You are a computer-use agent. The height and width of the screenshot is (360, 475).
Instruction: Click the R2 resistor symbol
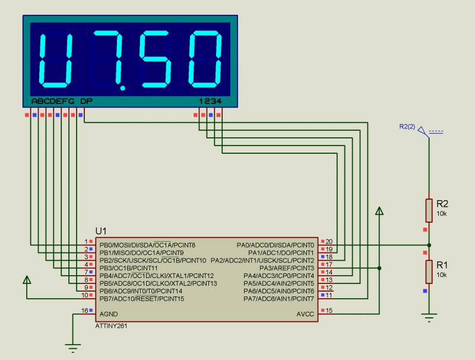tap(429, 210)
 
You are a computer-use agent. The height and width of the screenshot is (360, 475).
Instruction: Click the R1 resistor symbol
tap(429, 272)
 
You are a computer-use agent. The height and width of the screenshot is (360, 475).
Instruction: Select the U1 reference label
tap(101, 231)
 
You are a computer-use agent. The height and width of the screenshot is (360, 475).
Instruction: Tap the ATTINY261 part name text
tap(111, 326)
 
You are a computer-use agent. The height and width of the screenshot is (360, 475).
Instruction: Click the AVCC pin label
tap(305, 314)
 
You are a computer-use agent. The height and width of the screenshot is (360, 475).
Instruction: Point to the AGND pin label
tap(109, 314)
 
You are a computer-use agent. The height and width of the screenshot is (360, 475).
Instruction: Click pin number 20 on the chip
tap(329, 242)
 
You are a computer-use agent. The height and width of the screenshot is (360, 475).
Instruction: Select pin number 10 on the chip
tap(84, 295)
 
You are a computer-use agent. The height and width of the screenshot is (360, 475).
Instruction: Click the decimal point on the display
tap(123, 88)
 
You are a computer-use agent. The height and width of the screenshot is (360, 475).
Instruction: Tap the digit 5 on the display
tap(155, 59)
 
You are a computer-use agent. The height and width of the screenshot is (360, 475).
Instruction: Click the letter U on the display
tap(56, 61)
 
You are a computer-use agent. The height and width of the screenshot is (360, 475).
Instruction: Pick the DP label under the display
tap(87, 101)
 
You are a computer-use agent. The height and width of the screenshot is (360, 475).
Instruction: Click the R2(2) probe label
tap(407, 127)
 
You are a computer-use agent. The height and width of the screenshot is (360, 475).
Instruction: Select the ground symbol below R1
tap(429, 317)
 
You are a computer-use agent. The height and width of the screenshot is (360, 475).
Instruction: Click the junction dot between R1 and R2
tap(429, 245)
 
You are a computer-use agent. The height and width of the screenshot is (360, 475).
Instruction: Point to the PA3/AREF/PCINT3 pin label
tap(287, 268)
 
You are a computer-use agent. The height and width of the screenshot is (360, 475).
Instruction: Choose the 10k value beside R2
tap(442, 214)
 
